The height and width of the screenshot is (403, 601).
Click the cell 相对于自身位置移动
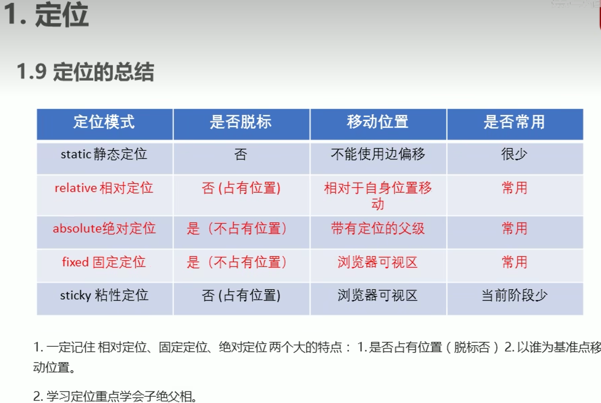tap(378, 195)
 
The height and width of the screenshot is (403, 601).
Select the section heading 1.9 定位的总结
tap(86, 72)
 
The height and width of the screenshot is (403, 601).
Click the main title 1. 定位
tap(46, 15)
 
